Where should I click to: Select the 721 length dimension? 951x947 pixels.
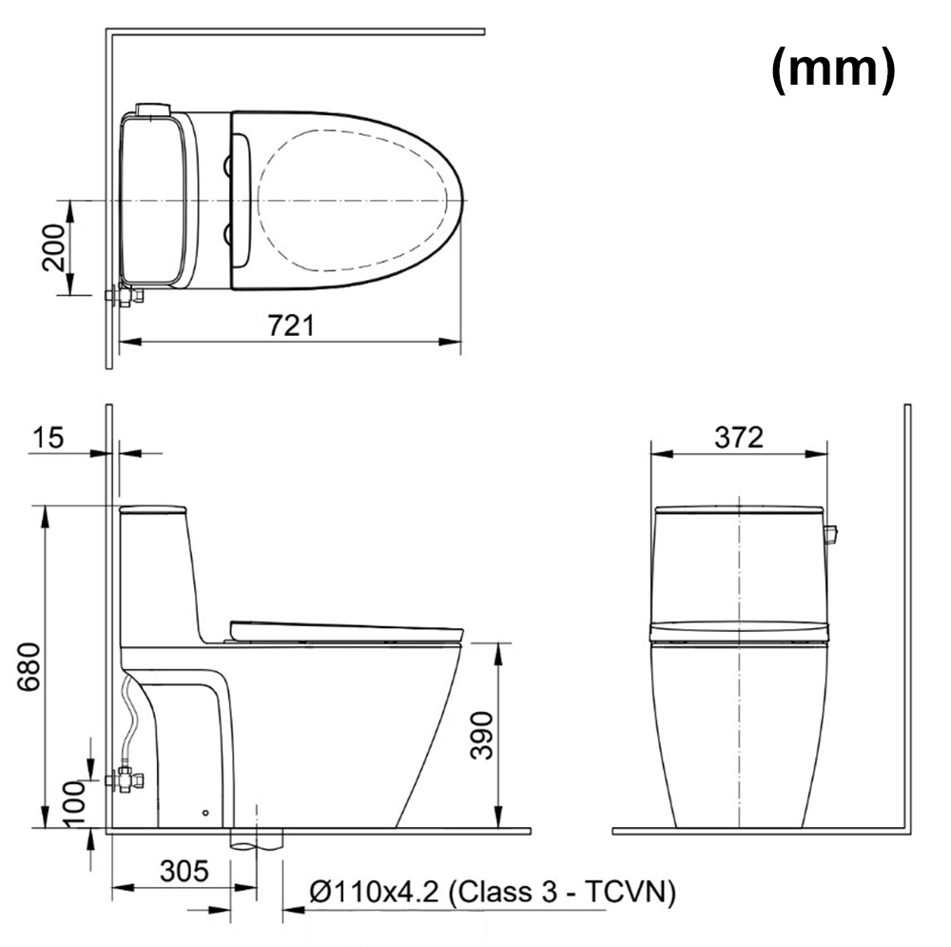coord(291,326)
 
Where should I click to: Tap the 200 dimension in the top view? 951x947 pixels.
coord(52,247)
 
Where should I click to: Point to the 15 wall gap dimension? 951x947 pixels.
coord(48,438)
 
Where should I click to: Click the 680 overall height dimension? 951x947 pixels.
coord(29,666)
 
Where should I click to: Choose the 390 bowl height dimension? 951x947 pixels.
coord(482,735)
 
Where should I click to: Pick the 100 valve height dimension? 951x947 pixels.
coord(74,803)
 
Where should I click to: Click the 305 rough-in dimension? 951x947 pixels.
coord(184,871)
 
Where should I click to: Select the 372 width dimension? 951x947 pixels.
coord(739,437)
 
